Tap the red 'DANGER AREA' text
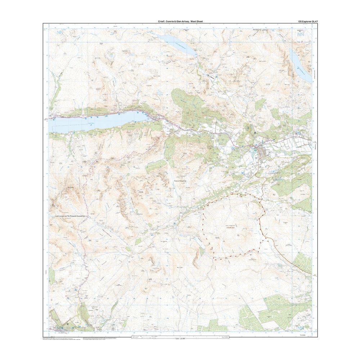pos(231,228)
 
